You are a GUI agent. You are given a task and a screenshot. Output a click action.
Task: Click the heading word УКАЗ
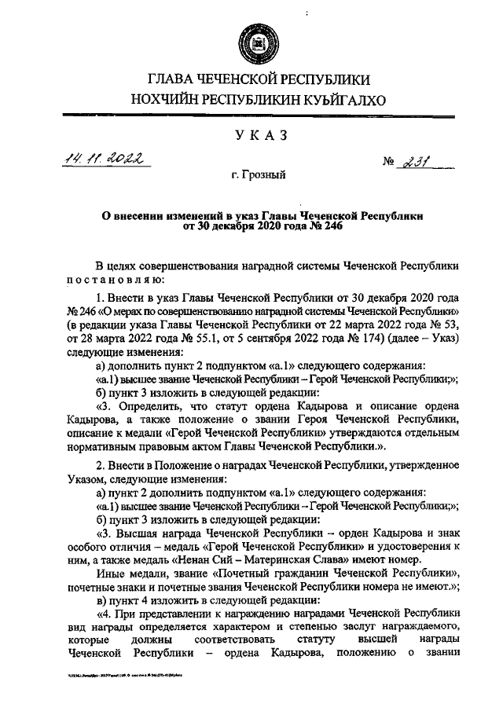tap(251, 136)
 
